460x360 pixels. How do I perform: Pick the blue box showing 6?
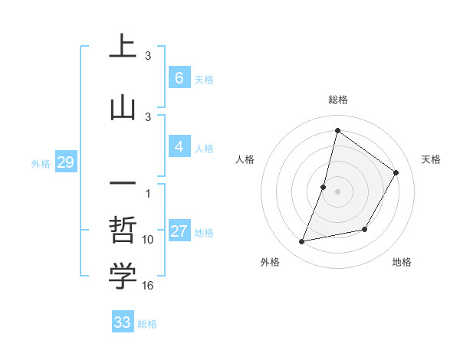click(x=179, y=78)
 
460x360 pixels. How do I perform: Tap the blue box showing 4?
click(x=179, y=147)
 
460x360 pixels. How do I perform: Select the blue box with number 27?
click(x=179, y=232)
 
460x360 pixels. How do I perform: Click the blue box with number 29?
click(x=65, y=162)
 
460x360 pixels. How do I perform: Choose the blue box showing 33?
click(x=123, y=322)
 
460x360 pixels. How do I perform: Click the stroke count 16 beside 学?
click(x=149, y=286)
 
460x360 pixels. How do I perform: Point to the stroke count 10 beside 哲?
click(x=149, y=240)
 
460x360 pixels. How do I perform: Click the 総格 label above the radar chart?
click(x=337, y=100)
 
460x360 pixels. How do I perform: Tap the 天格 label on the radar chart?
click(x=431, y=159)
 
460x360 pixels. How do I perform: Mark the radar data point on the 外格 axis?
click(x=302, y=242)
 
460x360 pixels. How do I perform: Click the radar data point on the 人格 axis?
click(x=324, y=187)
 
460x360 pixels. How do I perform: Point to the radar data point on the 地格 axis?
click(x=365, y=229)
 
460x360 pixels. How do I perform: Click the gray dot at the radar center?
click(x=337, y=191)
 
